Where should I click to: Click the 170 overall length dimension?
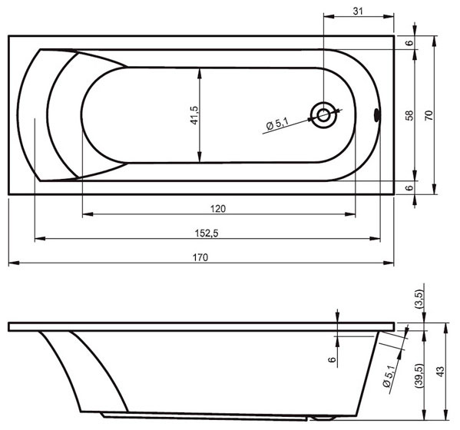coord(200,257)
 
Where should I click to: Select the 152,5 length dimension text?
coord(207,233)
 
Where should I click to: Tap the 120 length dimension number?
coord(218,209)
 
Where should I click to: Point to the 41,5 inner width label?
coord(194,115)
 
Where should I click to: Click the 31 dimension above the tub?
coord(358,12)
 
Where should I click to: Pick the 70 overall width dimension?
coord(429,115)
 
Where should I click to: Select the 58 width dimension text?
coord(409,115)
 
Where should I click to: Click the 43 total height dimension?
coord(440,372)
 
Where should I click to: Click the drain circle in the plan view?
coord(323,115)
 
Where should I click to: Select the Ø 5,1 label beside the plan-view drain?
coord(277,124)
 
